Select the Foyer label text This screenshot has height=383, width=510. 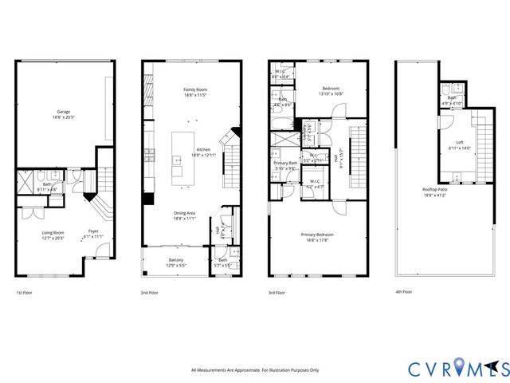click(94, 233)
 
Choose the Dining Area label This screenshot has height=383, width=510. click(186, 215)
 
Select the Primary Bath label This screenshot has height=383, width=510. click(285, 165)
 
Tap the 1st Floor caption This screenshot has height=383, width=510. click(24, 293)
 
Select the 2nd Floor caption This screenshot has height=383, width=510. click(149, 293)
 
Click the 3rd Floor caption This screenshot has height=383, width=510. click(276, 293)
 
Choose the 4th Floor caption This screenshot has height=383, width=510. click(404, 293)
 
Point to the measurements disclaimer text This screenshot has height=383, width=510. click(254, 370)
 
